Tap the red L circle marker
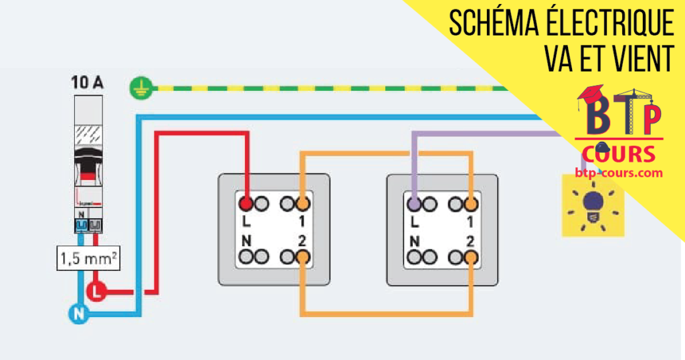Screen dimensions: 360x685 96,291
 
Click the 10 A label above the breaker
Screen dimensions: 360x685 88,83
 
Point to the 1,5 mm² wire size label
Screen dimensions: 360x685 88,258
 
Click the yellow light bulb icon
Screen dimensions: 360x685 593,205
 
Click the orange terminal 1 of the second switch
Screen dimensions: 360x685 472,202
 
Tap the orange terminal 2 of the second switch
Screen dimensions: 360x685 472,256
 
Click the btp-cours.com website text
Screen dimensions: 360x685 619,173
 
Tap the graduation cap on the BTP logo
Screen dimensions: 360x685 591,97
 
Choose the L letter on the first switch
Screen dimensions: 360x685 247,220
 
